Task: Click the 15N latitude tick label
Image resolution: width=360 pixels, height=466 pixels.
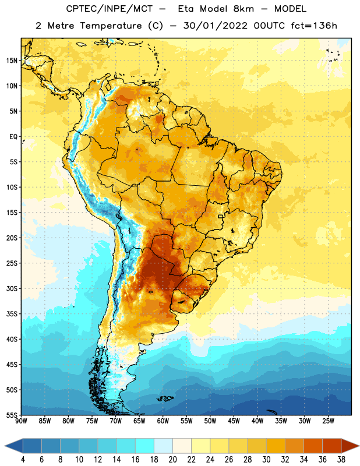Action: click(12, 61)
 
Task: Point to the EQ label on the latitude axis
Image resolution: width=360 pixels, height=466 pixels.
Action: click(13, 137)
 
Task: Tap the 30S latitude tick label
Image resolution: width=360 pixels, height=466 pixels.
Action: click(12, 288)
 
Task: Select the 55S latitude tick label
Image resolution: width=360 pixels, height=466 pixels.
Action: click(12, 415)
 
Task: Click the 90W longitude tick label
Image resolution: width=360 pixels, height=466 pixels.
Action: click(21, 421)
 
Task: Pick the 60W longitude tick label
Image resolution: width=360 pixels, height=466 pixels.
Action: click(163, 421)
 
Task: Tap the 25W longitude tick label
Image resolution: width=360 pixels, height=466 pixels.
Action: click(328, 421)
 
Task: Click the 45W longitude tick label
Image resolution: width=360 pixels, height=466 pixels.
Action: click(234, 421)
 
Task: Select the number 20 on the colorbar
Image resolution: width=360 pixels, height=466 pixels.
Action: click(172, 460)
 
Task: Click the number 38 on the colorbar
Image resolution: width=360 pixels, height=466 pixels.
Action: click(341, 460)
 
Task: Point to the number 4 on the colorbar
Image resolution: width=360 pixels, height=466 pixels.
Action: click(23, 460)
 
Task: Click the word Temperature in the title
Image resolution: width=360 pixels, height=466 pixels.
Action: click(111, 26)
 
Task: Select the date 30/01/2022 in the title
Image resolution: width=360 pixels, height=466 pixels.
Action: click(216, 26)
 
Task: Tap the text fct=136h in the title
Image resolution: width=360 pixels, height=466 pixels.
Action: click(314, 26)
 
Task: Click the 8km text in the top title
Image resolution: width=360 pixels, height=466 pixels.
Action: click(243, 9)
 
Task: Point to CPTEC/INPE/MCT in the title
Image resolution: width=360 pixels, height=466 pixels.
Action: click(110, 9)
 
